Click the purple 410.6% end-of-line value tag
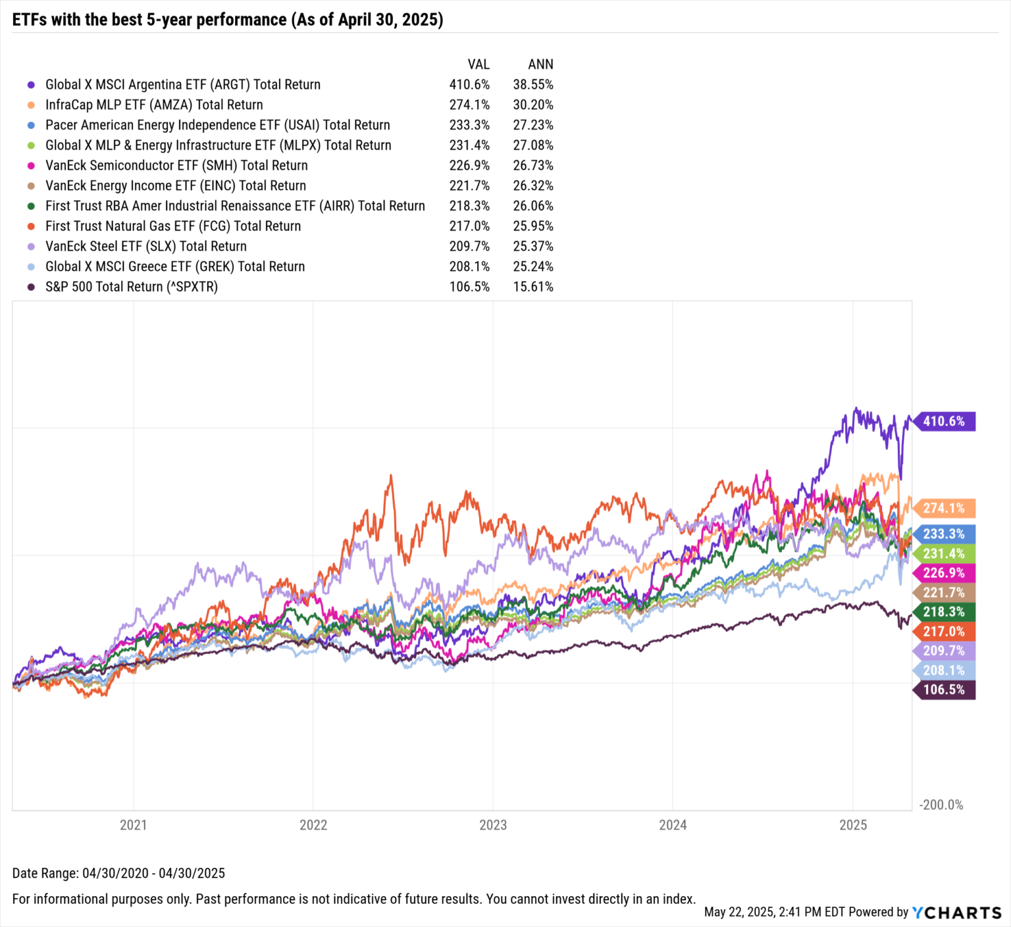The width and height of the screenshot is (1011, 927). pyautogui.click(x=943, y=421)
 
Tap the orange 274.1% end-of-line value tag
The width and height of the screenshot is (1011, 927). pyautogui.click(x=943, y=508)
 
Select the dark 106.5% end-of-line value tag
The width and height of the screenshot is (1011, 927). pyautogui.click(x=943, y=689)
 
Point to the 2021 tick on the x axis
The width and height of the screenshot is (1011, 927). pyautogui.click(x=133, y=824)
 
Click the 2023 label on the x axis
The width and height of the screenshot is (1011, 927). pyautogui.click(x=492, y=824)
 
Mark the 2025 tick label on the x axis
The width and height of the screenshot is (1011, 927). pyautogui.click(x=852, y=824)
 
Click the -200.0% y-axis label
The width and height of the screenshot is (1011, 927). pyautogui.click(x=941, y=805)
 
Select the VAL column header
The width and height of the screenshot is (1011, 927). pyautogui.click(x=479, y=64)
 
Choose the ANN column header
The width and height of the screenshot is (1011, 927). pyautogui.click(x=540, y=64)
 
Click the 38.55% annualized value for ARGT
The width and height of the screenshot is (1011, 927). pyautogui.click(x=533, y=84)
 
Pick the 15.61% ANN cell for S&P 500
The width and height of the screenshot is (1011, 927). pyautogui.click(x=533, y=287)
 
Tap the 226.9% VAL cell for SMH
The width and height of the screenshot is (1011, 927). pyautogui.click(x=469, y=165)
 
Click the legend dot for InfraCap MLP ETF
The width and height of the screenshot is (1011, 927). pyautogui.click(x=31, y=105)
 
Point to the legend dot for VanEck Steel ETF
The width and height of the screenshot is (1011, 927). pyautogui.click(x=31, y=247)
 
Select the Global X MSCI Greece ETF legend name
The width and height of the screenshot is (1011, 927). pyautogui.click(x=175, y=266)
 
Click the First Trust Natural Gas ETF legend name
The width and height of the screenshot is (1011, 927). pyautogui.click(x=173, y=226)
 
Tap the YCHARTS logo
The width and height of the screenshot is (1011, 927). pyautogui.click(x=956, y=913)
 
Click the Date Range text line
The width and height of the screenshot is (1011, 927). pyautogui.click(x=118, y=873)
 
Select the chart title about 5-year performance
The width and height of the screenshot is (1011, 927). pyautogui.click(x=228, y=20)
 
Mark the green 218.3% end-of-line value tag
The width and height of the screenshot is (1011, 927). pyautogui.click(x=943, y=612)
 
